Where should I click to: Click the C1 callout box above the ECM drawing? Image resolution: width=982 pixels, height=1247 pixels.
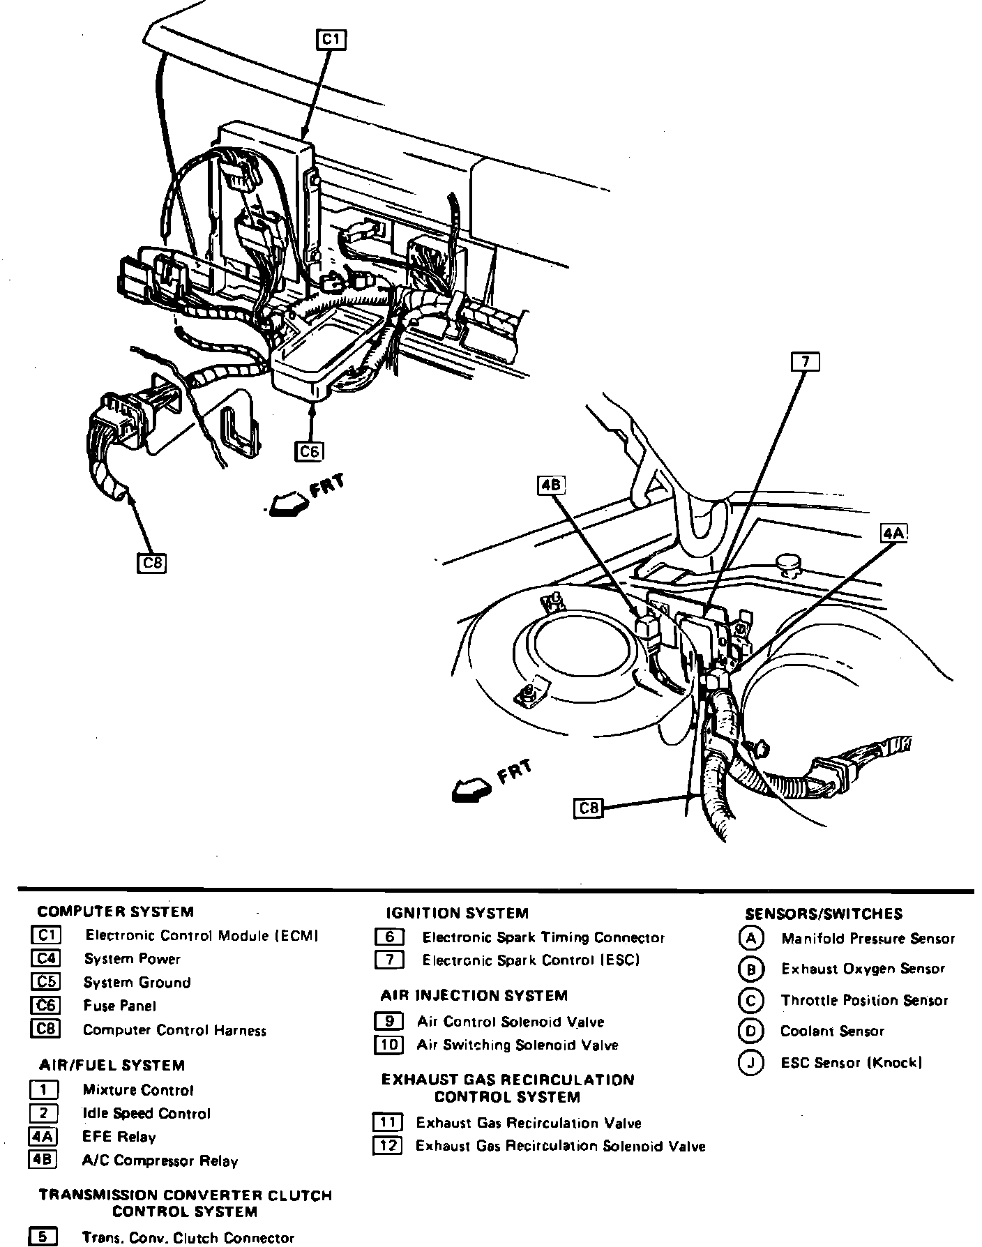click(x=331, y=40)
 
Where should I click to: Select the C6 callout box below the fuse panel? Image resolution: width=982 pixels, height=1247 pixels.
click(x=309, y=452)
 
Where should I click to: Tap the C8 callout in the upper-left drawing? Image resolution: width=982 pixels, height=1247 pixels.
click(x=152, y=562)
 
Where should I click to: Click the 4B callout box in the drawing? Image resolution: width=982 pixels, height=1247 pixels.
click(x=551, y=485)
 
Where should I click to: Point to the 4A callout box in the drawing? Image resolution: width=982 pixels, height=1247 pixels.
click(x=893, y=534)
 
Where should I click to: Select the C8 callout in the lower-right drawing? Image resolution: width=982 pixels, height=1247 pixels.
click(x=589, y=808)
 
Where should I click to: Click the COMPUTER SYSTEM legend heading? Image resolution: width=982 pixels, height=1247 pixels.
click(x=116, y=912)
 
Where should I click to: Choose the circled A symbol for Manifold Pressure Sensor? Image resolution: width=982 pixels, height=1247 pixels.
click(x=750, y=939)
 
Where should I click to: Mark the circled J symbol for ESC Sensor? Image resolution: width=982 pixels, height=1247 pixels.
click(x=750, y=1063)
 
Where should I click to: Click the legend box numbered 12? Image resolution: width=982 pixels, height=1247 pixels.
click(x=388, y=1146)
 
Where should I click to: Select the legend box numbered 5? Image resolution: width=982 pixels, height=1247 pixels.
click(x=43, y=1237)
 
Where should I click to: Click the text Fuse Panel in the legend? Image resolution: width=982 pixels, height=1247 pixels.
click(x=119, y=1006)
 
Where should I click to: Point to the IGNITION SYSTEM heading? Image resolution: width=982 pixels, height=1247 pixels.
click(x=458, y=913)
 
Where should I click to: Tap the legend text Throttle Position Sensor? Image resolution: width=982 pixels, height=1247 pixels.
click(x=864, y=1000)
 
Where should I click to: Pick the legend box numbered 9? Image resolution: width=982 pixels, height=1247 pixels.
click(x=388, y=1022)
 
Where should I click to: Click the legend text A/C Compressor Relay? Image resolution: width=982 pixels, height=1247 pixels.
click(x=160, y=1161)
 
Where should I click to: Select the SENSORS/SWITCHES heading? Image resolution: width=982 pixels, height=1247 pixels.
click(x=824, y=914)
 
